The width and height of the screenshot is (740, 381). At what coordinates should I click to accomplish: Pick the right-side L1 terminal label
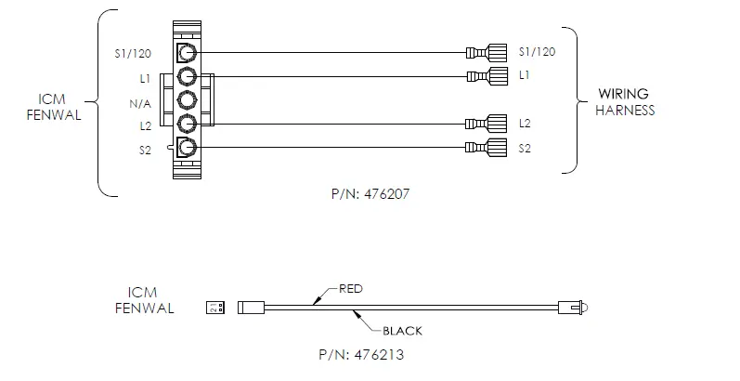525,74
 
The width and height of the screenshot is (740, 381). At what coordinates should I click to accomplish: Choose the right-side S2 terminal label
526,148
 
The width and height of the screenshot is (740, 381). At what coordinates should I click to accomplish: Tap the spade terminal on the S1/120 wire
487,52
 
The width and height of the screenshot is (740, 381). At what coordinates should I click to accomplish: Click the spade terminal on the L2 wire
487,124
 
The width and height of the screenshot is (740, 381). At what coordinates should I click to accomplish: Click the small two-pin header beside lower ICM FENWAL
214,308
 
